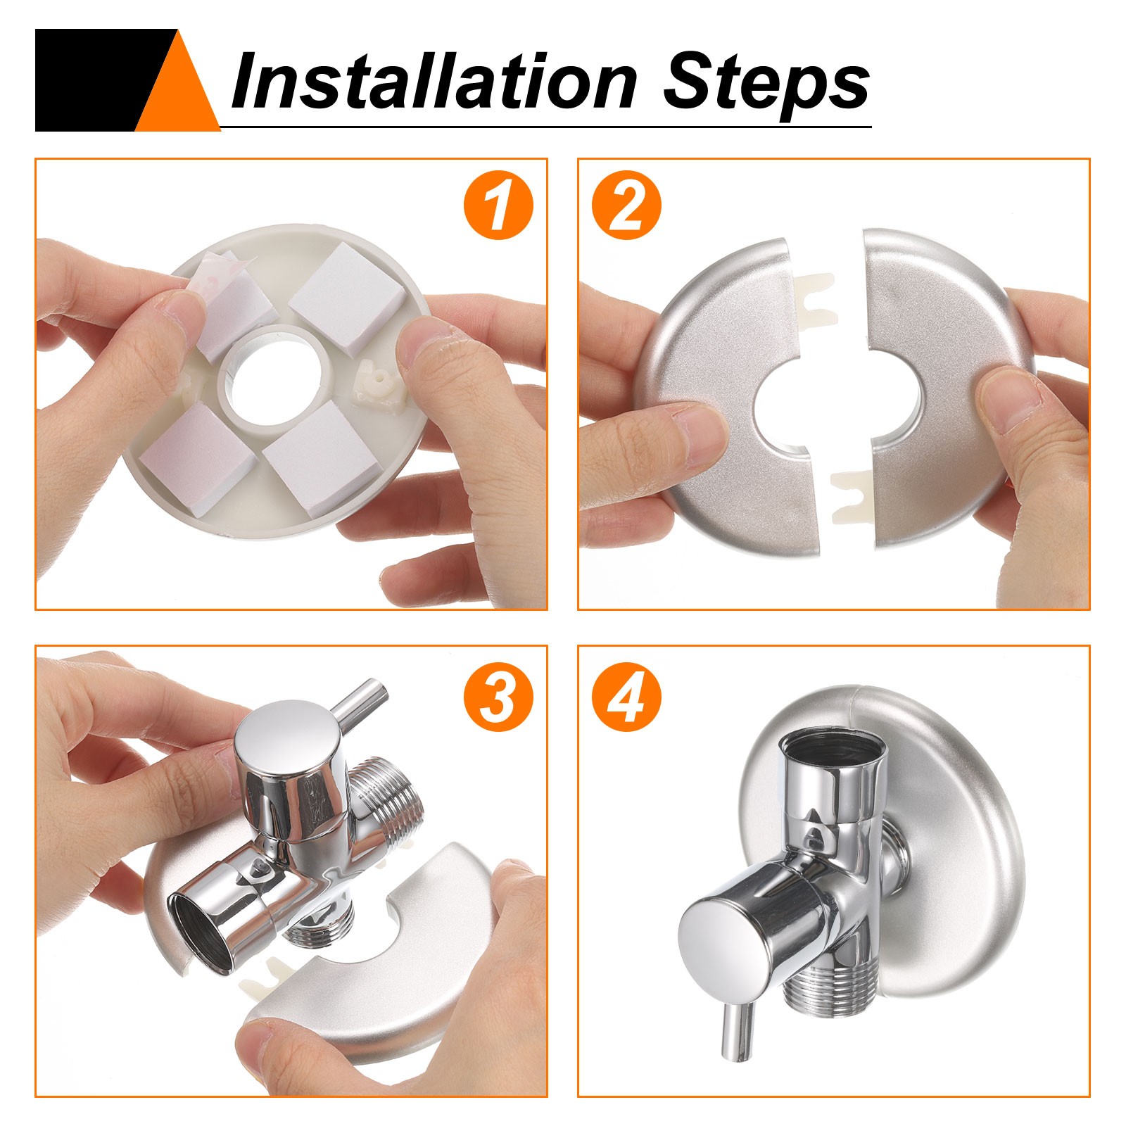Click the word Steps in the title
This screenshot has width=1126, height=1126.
[x=766, y=83]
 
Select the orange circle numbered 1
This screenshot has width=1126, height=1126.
[x=498, y=205]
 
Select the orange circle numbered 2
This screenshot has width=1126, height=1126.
[x=626, y=205]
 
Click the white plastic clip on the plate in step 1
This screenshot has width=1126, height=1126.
[x=377, y=383]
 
